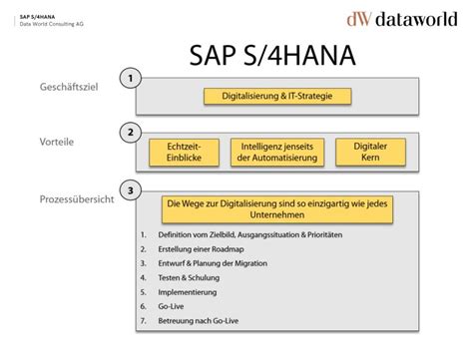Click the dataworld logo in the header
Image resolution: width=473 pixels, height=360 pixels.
401,19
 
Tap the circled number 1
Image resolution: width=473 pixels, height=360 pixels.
128,77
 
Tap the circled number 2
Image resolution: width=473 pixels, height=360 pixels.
128,132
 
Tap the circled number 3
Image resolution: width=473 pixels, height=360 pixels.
128,188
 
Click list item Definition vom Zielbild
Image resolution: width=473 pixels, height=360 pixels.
240,234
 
